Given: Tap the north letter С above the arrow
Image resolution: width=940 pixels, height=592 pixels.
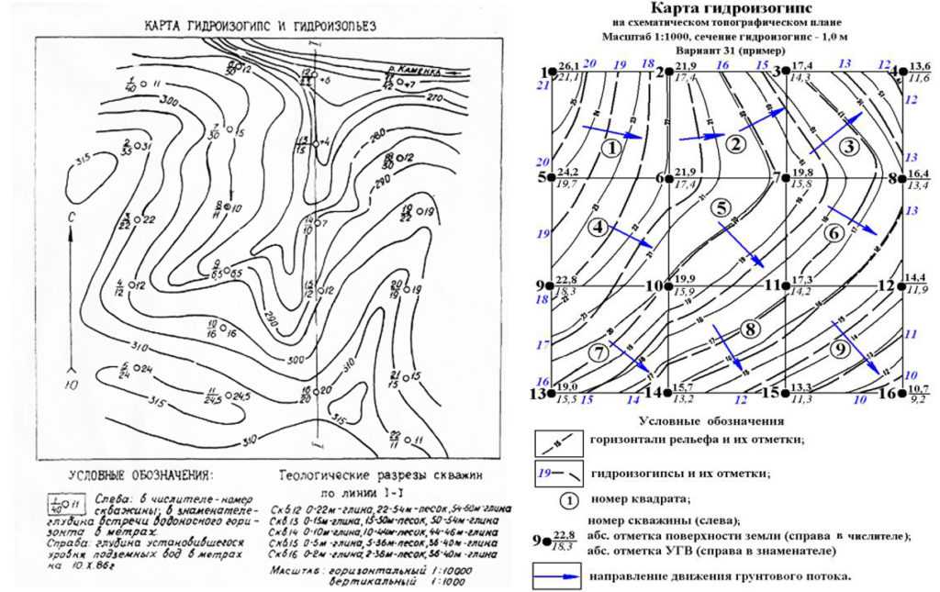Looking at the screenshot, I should (71, 218).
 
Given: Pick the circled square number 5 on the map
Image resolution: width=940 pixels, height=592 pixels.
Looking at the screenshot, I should (723, 207).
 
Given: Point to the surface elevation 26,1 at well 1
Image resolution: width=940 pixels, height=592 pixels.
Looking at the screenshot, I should (569, 66).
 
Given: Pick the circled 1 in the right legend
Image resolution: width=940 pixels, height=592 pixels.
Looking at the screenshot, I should (568, 501).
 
